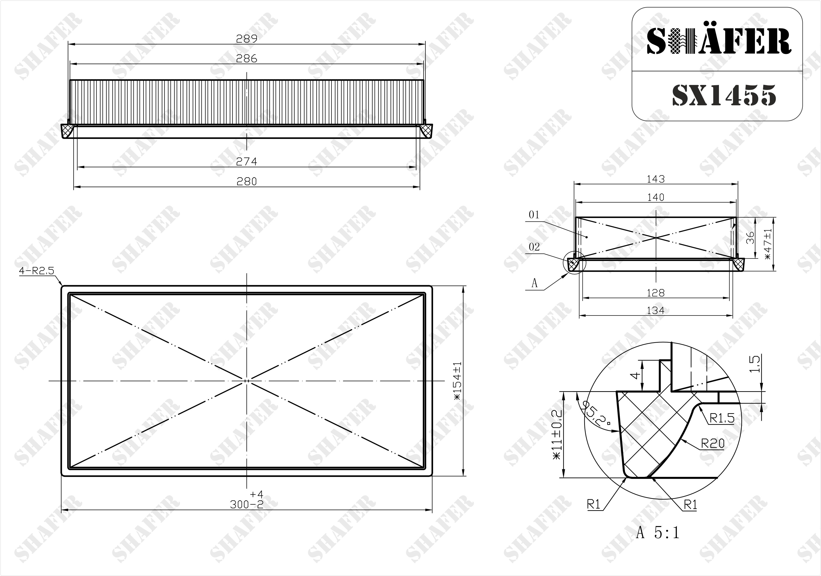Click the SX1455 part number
(724, 95)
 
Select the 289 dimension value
(247, 39)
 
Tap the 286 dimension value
(247, 58)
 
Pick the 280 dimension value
(247, 182)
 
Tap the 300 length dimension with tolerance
(247, 500)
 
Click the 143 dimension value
(656, 179)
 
